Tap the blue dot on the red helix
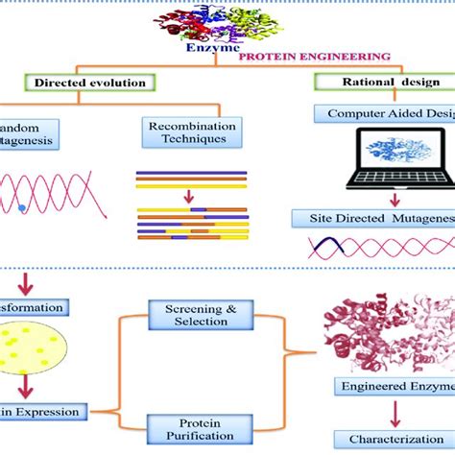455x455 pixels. point(22,206)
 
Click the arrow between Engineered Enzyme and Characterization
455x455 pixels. point(395,414)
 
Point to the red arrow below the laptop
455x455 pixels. point(394,200)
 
